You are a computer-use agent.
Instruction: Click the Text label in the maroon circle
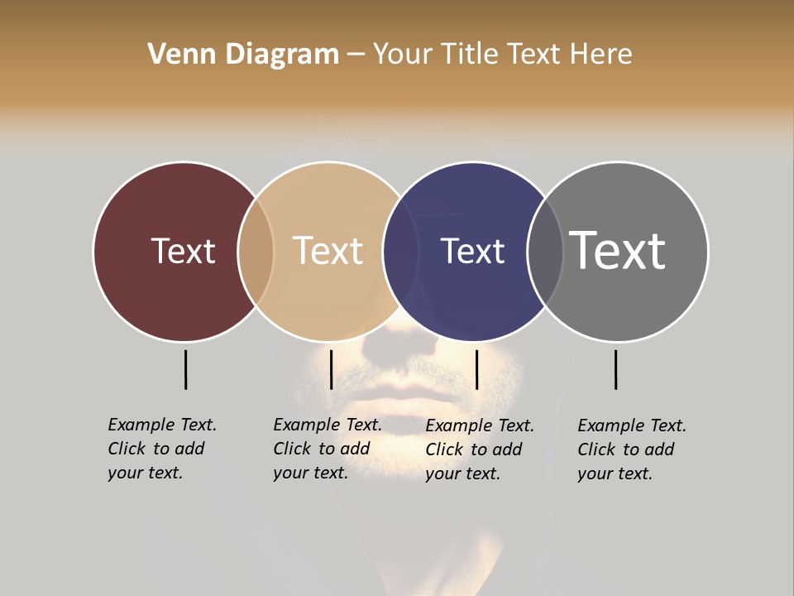pyautogui.click(x=183, y=251)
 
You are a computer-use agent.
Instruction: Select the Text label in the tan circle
pyautogui.click(x=328, y=251)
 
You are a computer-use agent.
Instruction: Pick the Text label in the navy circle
pyautogui.click(x=472, y=251)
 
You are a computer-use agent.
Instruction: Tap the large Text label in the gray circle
pyautogui.click(x=618, y=250)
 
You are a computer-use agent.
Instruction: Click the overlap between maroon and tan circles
pyautogui.click(x=256, y=252)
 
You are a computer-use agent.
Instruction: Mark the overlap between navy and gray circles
pyautogui.click(x=545, y=252)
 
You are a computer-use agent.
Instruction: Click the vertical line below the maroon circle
pyautogui.click(x=186, y=369)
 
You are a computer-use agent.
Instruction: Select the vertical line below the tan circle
pyautogui.click(x=331, y=369)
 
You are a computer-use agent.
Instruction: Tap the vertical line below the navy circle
pyautogui.click(x=476, y=369)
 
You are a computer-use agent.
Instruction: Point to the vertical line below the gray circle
pyautogui.click(x=615, y=369)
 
